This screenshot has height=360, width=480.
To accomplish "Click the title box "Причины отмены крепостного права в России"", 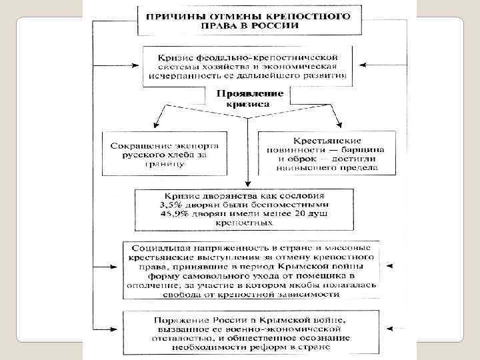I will click(249, 20).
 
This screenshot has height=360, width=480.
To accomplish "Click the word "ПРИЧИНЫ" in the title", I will click(175, 15).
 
